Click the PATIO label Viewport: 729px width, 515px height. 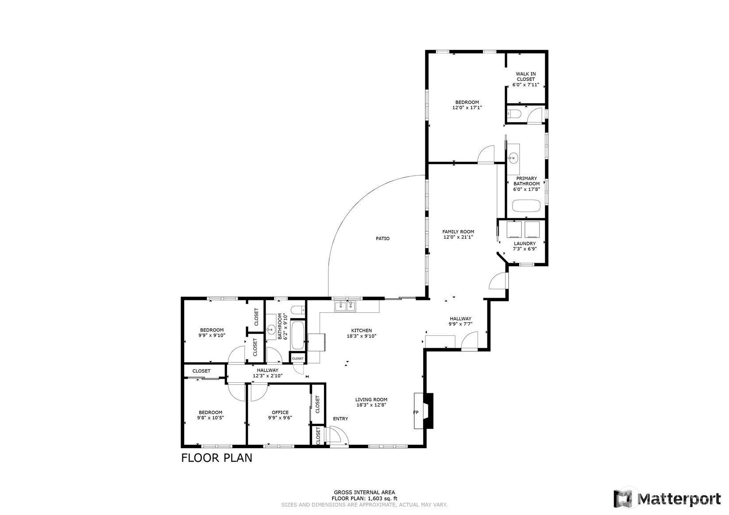(382, 238)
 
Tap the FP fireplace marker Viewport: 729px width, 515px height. (416, 413)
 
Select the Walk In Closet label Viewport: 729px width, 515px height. (525, 79)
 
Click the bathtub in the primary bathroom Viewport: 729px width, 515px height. (526, 206)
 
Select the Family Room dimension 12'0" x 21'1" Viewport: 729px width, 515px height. (458, 237)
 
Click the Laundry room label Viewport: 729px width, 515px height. (525, 243)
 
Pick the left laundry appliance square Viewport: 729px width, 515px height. (514, 229)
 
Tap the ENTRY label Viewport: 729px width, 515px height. (340, 419)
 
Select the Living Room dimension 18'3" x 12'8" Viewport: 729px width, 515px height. (371, 405)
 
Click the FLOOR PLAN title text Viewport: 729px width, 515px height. (216, 457)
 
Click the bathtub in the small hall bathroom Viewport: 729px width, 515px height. (298, 335)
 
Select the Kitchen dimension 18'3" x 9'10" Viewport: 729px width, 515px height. (362, 336)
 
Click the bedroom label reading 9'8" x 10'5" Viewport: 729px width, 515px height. (210, 418)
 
